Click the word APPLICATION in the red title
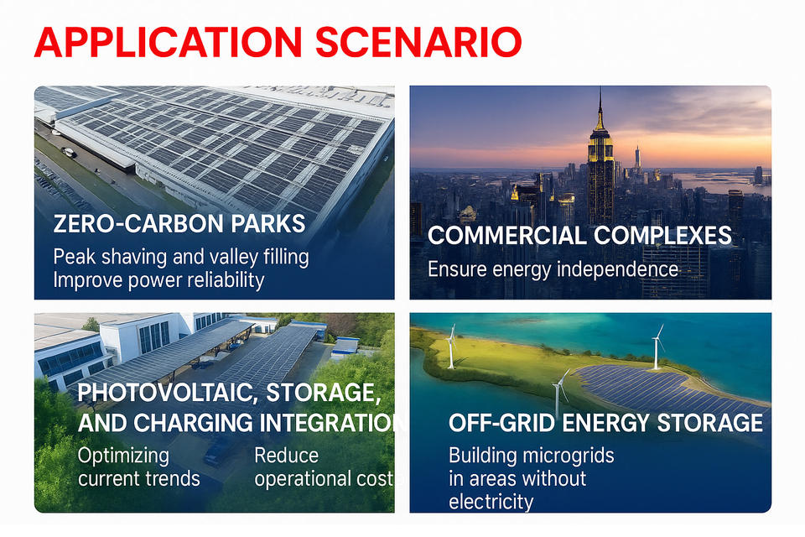tap(168, 42)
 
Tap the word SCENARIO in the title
tap(418, 42)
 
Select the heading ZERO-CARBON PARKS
tap(179, 224)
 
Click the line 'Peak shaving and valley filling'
tap(181, 257)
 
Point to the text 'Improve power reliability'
tap(158, 280)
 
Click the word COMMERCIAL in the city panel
tap(506, 236)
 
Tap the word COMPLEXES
tap(662, 236)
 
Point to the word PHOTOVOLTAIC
tap(164, 394)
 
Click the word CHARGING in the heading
tap(194, 423)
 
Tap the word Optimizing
tap(123, 456)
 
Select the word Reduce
tap(287, 456)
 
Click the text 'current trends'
tap(138, 479)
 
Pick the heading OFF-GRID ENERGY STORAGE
tap(605, 423)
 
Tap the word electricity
tap(491, 502)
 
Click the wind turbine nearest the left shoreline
tap(451, 347)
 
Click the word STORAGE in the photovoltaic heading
tap(324, 394)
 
